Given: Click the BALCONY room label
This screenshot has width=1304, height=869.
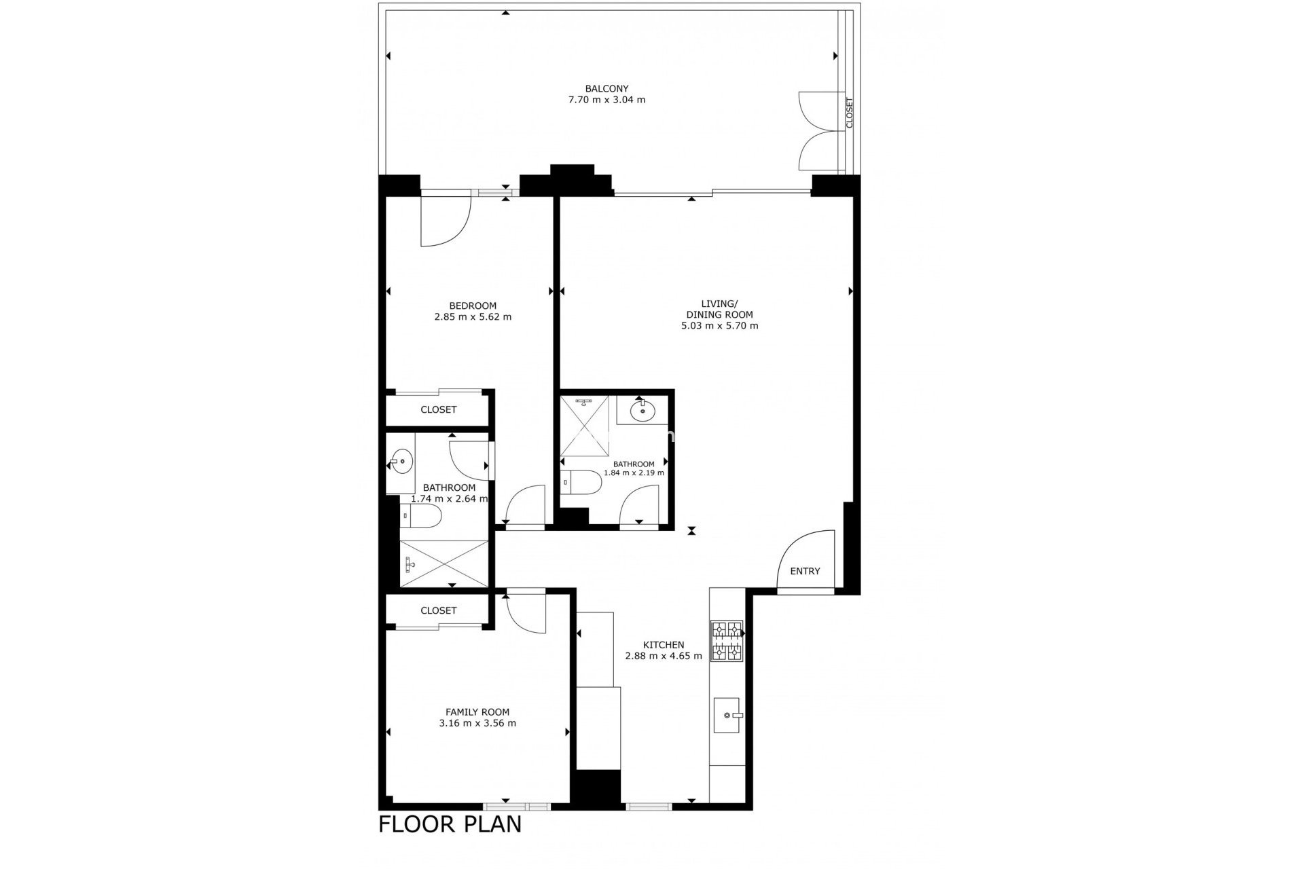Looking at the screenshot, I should coord(606,88).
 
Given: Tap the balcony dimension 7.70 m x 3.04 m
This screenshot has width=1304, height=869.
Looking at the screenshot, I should coord(606,100).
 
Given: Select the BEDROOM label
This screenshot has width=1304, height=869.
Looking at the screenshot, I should coord(473,306).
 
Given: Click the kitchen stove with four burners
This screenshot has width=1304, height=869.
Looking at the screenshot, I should coord(726,641).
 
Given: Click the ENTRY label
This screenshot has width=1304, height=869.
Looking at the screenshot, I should coord(805,571).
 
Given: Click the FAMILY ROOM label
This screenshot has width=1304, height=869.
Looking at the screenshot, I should coord(477,712).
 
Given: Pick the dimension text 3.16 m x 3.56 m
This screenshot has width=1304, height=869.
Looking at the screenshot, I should coord(477,723).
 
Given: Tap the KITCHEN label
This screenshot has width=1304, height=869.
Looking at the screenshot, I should coord(664,645).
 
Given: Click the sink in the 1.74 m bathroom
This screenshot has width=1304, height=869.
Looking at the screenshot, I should coord(402,462).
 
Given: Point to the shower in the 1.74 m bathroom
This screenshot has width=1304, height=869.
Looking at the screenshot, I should coord(444,563).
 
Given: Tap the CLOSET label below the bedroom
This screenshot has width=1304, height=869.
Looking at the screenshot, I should coord(439,410).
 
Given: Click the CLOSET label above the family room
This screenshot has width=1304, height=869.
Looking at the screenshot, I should coord(439,610).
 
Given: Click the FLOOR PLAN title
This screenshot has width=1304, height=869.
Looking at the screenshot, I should coord(450,824).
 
